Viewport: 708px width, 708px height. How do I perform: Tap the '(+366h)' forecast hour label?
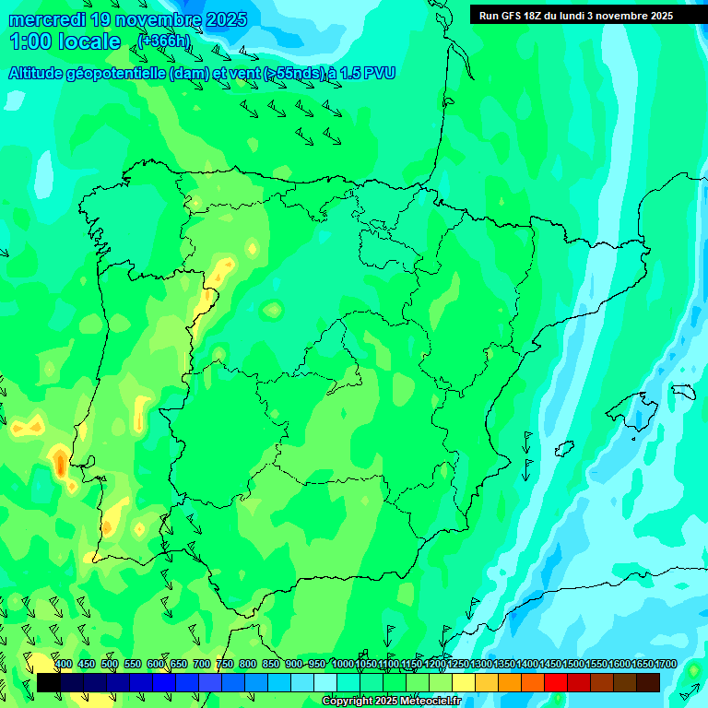tap(164, 41)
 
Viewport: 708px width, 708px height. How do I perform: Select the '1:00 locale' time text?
tap(65, 41)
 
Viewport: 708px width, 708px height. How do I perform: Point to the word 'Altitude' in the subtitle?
tap(41, 73)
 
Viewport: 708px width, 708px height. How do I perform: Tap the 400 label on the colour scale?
tap(63, 664)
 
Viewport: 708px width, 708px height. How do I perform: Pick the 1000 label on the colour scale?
tap(343, 664)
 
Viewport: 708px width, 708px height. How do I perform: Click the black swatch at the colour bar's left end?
tap(48, 682)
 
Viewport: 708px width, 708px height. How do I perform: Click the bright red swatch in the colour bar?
tap(555, 682)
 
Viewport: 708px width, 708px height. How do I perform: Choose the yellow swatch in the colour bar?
tap(463, 682)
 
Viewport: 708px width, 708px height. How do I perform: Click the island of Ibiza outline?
tap(563, 449)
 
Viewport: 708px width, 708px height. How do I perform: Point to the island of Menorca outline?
tap(683, 392)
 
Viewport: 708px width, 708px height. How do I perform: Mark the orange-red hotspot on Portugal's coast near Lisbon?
tap(60, 463)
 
